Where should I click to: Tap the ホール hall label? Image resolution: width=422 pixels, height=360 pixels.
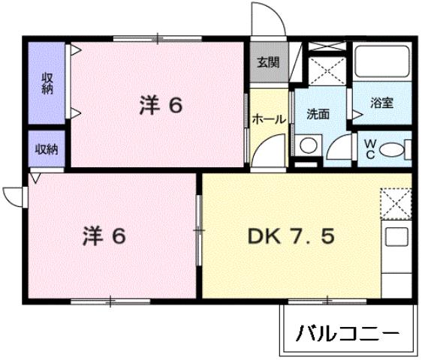[268, 118]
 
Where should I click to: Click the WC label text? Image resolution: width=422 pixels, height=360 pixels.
[369, 147]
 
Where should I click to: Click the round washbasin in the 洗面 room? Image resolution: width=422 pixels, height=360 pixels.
[307, 145]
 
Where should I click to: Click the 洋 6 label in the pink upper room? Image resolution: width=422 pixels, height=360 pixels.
[161, 106]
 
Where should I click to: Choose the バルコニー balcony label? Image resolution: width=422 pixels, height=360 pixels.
[346, 331]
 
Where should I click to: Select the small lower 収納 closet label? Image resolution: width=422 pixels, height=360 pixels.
[47, 148]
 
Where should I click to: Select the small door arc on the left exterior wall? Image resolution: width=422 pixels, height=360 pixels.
[13, 195]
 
